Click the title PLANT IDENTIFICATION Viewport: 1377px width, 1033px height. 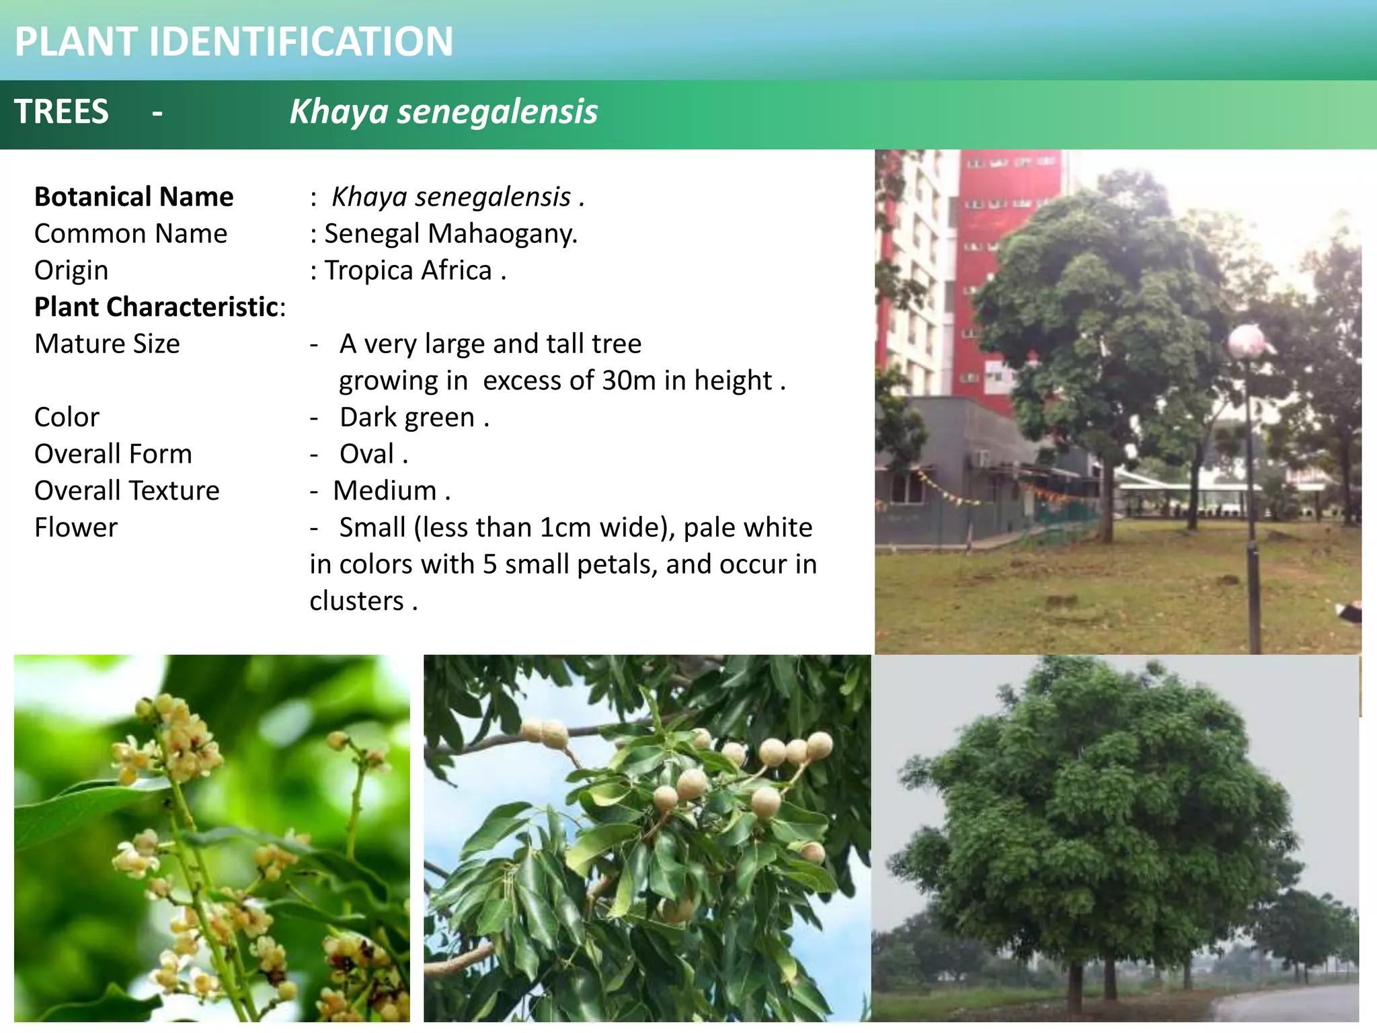[233, 42]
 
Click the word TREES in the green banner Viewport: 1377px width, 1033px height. [61, 112]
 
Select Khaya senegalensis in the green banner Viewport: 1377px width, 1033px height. [443, 112]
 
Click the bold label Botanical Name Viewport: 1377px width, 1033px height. [134, 197]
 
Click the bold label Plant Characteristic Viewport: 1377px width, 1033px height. [157, 307]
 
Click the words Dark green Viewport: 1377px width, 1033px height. [407, 418]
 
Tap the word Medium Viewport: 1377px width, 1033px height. [385, 491]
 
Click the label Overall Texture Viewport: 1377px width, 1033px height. [127, 491]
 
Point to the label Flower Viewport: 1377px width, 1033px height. [76, 528]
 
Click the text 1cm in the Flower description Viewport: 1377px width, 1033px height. [566, 528]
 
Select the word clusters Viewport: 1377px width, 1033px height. [356, 601]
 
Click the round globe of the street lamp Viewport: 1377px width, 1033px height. [1247, 341]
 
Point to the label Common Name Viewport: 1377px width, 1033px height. [131, 234]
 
